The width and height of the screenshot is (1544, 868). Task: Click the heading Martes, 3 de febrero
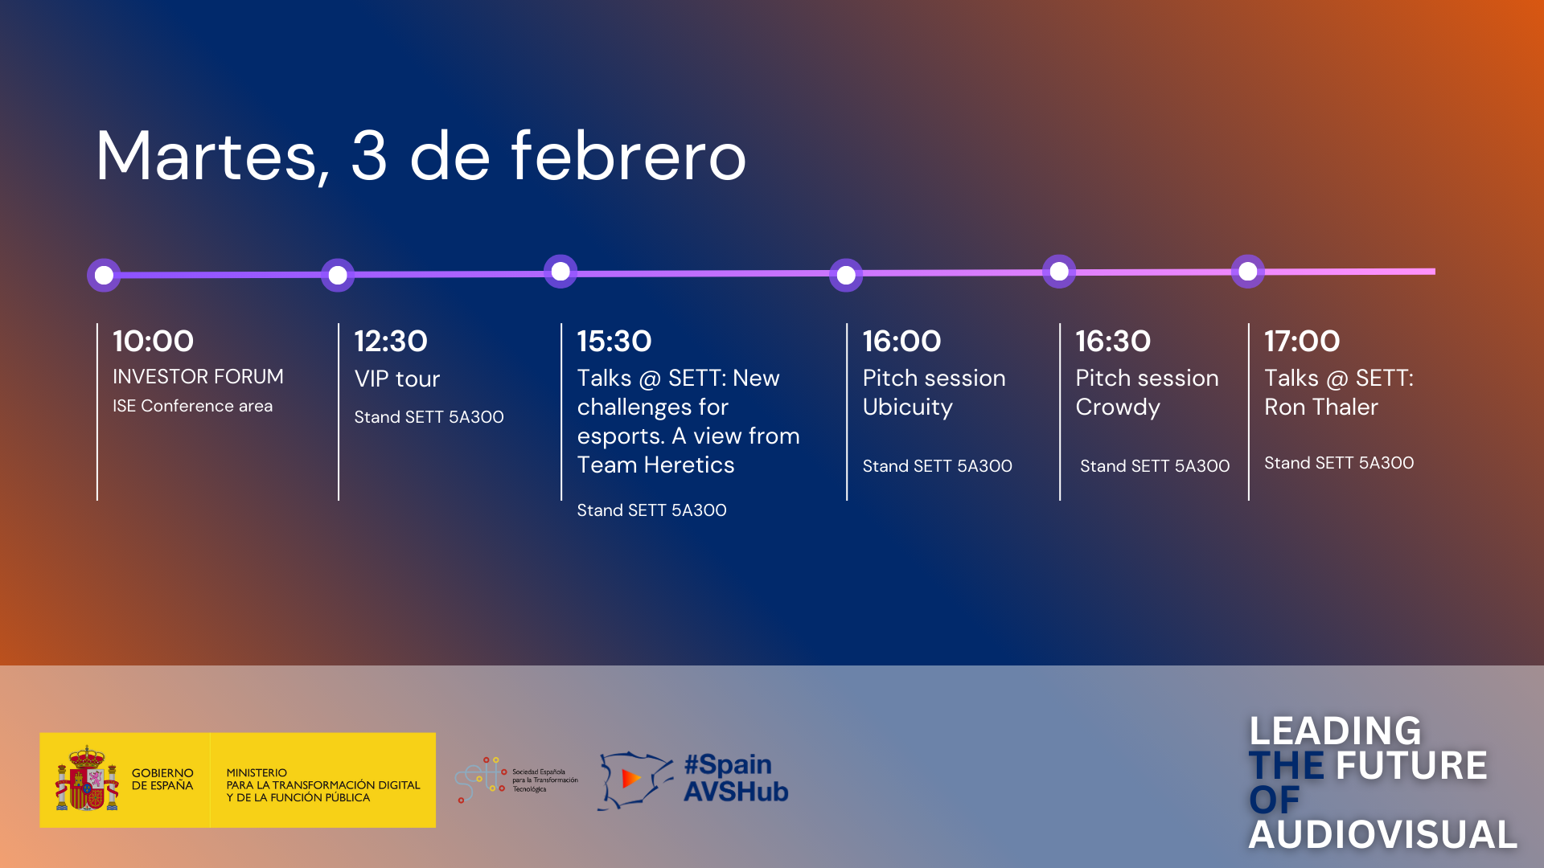[x=421, y=157]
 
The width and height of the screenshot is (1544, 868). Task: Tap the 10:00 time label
[x=153, y=342]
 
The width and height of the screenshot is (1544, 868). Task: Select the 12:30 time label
[x=391, y=342]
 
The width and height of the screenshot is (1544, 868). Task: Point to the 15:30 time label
[x=614, y=342]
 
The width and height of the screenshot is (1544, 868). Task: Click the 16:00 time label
[x=901, y=342]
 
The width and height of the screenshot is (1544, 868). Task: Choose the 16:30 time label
[x=1113, y=342]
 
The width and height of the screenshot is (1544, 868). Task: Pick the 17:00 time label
[x=1302, y=342]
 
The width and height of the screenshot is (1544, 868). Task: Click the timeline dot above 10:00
[x=104, y=275]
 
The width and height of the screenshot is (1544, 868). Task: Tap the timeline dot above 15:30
[x=561, y=271]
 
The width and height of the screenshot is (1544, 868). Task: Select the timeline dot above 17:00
[x=1248, y=272]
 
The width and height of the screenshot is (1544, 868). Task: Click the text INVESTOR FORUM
[x=198, y=377]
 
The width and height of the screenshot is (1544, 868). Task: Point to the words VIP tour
[x=397, y=379]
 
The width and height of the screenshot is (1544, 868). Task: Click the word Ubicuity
[x=908, y=407]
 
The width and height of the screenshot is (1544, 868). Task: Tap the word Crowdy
[x=1118, y=407]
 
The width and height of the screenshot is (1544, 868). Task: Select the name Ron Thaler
[x=1321, y=407]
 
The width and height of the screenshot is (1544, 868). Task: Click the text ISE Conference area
[x=192, y=406]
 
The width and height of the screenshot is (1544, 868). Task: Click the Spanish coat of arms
[x=87, y=779]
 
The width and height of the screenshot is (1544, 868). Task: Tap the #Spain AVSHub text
[x=736, y=778]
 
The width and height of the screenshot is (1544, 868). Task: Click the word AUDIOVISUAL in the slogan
[x=1382, y=835]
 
